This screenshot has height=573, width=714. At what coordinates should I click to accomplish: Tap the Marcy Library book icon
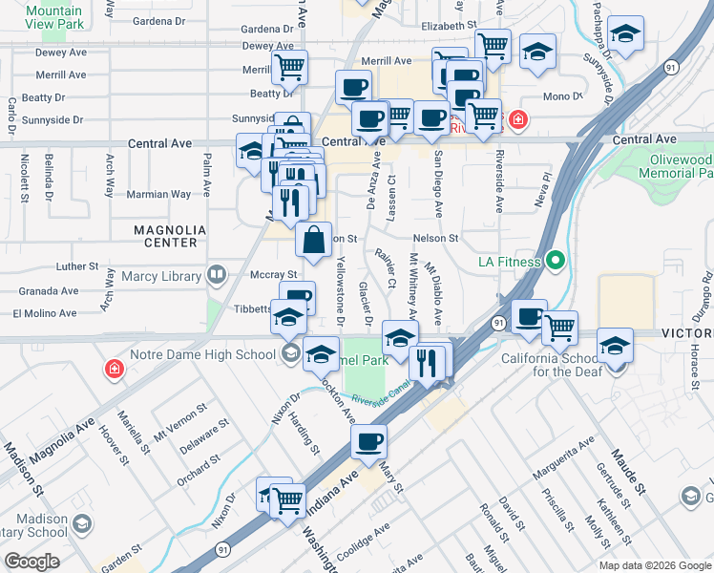coord(217,276)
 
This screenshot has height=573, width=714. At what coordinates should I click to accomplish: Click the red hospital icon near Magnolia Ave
coord(114,369)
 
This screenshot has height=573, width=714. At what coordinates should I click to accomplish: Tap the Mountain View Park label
coord(54,17)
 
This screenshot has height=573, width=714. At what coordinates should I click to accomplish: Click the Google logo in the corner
coord(31,561)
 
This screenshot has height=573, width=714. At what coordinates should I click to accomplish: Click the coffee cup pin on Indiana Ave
coord(368,442)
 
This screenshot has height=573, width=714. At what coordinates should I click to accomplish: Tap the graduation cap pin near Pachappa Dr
coord(625,33)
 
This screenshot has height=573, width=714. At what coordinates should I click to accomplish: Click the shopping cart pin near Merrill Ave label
coord(289,67)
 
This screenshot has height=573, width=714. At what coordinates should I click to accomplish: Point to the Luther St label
coord(77,266)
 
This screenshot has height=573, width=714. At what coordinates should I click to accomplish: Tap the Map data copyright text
coord(654,565)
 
